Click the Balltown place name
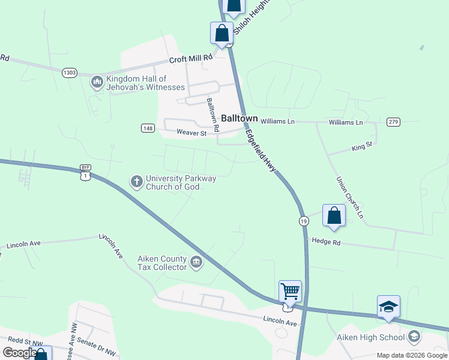tap(240, 118)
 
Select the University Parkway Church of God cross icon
tap(137, 181)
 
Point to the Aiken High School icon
tap(414, 337)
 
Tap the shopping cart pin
tap(291, 292)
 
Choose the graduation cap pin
tap(388, 307)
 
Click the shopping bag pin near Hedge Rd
tap(334, 215)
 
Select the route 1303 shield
tap(70, 73)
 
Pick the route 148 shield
tap(148, 128)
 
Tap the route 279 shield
tap(393, 122)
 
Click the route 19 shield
tap(304, 221)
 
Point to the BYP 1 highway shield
tap(85, 173)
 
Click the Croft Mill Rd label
tap(191, 59)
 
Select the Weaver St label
tap(191, 133)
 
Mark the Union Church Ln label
tap(350, 197)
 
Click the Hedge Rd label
tap(325, 242)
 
